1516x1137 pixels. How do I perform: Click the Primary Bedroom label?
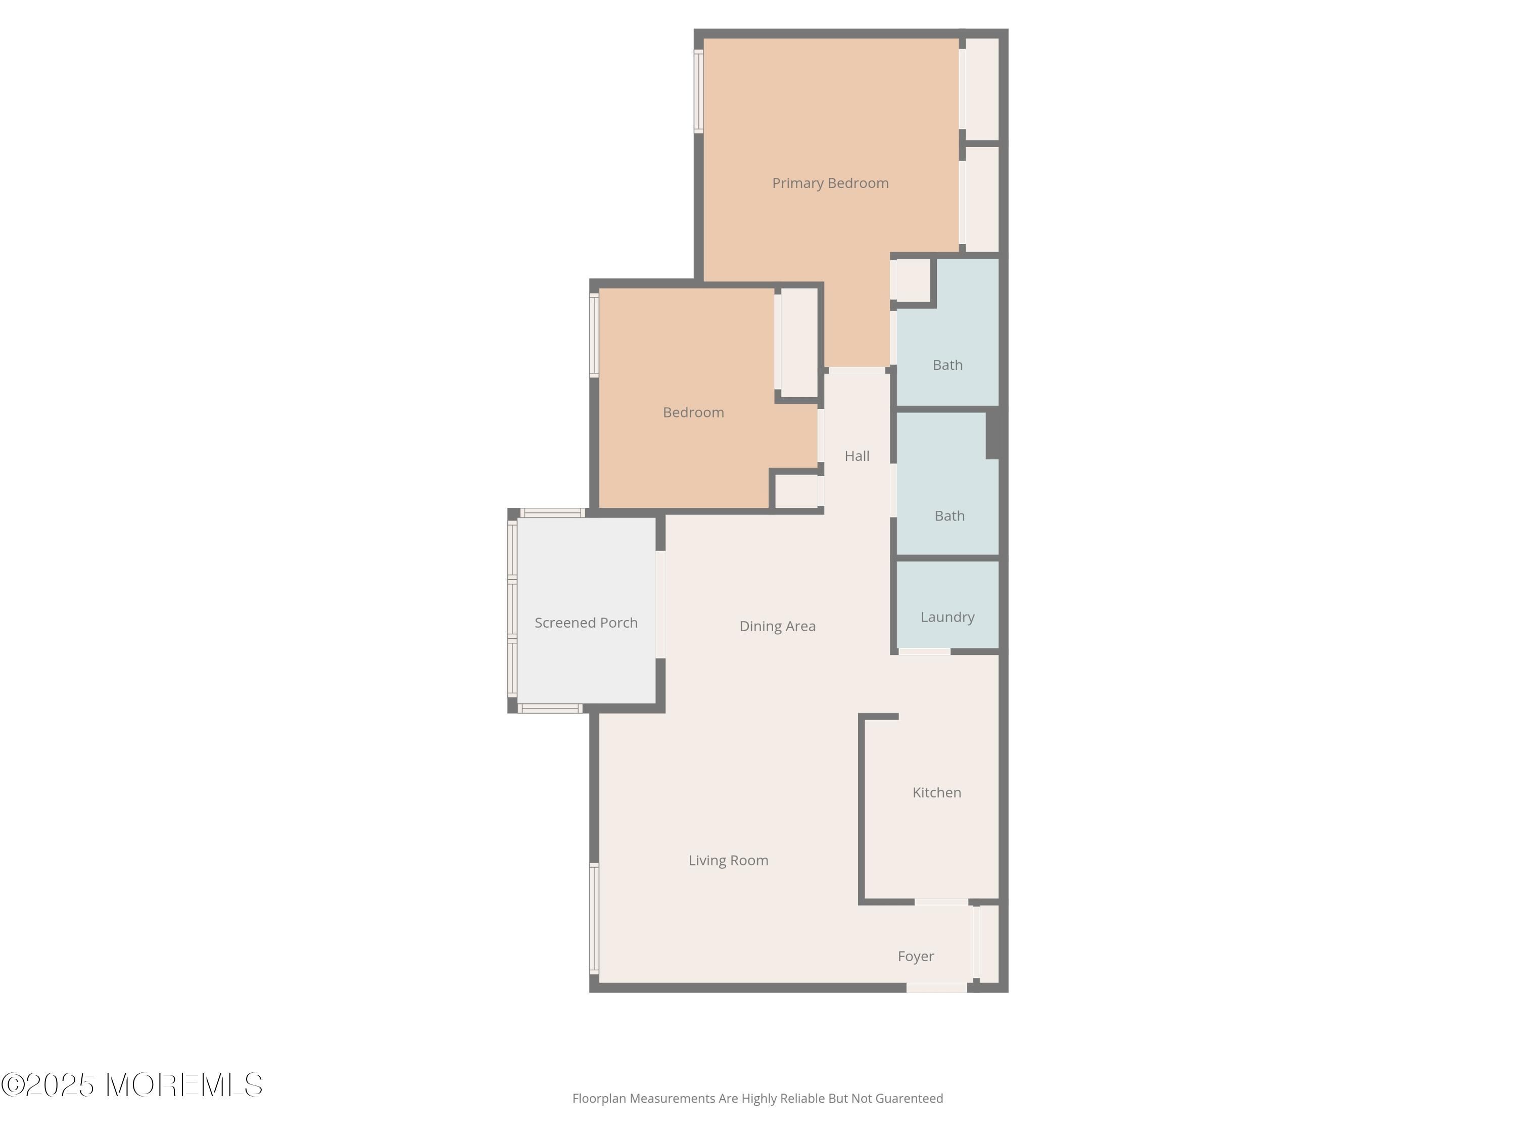[x=830, y=183]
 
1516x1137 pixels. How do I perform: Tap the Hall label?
[x=857, y=456]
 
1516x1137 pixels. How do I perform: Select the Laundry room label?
[x=947, y=618]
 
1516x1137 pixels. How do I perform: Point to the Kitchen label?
[x=936, y=792]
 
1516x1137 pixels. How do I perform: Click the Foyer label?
[x=916, y=956]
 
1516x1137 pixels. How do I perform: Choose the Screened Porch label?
[x=586, y=622]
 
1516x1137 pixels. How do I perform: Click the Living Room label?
[x=728, y=861]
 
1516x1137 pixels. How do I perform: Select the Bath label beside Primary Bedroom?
[x=947, y=365]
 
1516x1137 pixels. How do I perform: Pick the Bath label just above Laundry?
[x=949, y=516]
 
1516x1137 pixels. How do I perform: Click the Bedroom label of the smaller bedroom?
[x=693, y=412]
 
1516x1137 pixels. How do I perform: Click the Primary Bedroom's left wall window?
[x=699, y=91]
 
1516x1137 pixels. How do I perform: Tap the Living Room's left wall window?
[x=594, y=918]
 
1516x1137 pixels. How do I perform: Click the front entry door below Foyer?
[x=936, y=987]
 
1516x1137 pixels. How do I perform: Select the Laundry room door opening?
[x=925, y=651]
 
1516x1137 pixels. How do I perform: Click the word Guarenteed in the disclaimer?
[x=909, y=1099]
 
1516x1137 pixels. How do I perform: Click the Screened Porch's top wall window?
[x=552, y=512]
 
